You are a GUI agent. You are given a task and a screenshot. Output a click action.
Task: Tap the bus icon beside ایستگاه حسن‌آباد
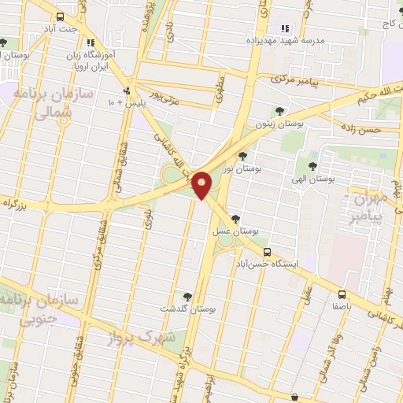[268, 253]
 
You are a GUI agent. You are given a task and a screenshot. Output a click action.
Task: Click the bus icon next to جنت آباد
[61, 17]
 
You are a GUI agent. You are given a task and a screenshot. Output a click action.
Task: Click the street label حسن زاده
[359, 128]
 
